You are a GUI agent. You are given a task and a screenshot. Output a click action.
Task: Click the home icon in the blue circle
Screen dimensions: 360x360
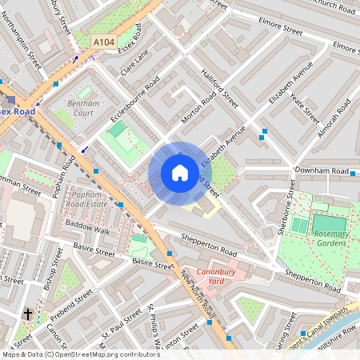click(x=179, y=173)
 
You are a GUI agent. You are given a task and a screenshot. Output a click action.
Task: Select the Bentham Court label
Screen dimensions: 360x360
click(x=83, y=109)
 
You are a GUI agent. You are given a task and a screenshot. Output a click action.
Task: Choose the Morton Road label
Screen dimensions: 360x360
click(x=198, y=106)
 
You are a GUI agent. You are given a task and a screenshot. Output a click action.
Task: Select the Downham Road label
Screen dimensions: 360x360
click(x=322, y=171)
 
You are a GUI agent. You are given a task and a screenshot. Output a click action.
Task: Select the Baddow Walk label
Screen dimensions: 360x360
click(x=87, y=230)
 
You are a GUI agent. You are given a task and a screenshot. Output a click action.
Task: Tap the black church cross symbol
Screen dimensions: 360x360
click(x=27, y=314)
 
